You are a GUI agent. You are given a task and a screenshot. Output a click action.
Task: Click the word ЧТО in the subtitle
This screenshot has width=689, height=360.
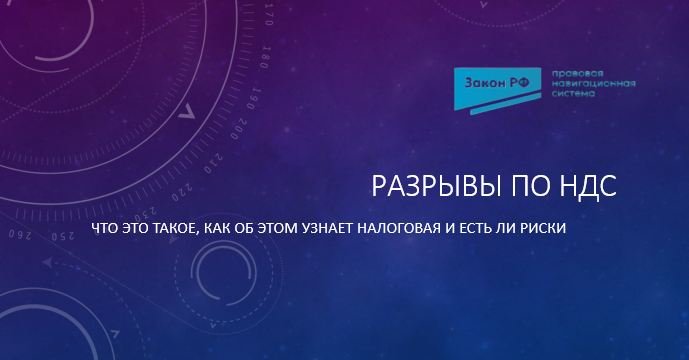[x=103, y=229]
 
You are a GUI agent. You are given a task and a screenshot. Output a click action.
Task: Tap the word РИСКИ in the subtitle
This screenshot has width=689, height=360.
[x=544, y=229]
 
